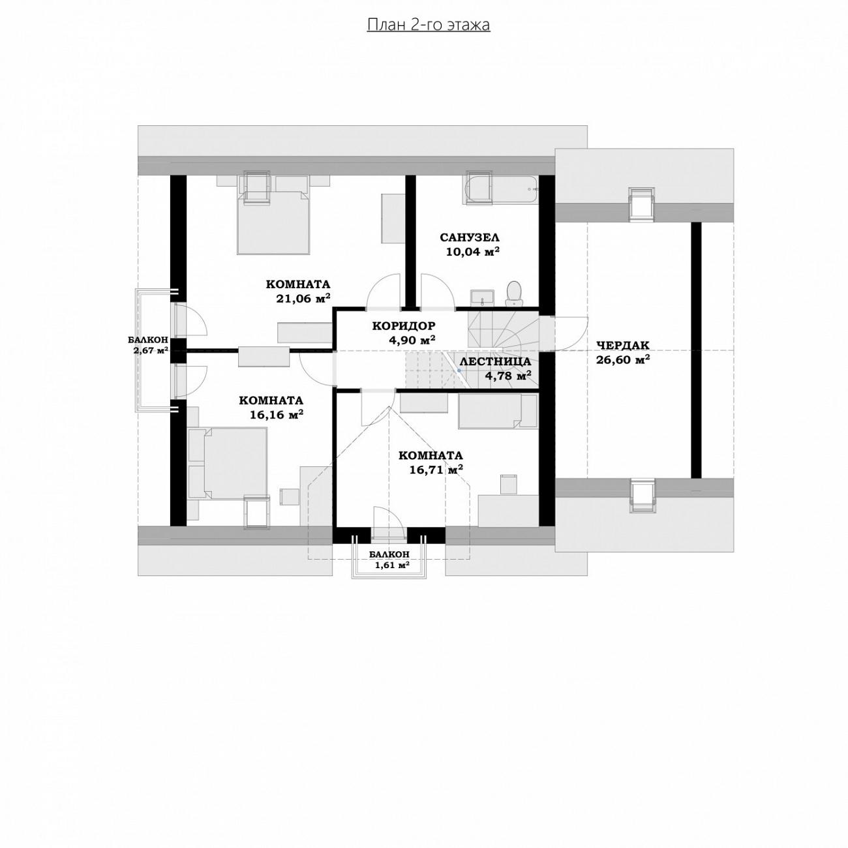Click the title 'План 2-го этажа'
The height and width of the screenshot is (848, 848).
[x=428, y=25]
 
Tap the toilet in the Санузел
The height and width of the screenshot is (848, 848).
[x=513, y=293]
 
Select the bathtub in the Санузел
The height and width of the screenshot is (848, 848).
[x=500, y=190]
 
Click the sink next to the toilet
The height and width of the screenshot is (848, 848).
[x=483, y=297]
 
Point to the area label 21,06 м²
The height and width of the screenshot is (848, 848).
[x=303, y=299]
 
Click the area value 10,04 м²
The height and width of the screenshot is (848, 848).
[x=473, y=252]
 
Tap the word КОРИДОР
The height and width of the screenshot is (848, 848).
[x=404, y=326]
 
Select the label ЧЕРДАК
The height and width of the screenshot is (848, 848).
[x=623, y=346]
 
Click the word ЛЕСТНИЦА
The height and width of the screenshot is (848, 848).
[x=495, y=362]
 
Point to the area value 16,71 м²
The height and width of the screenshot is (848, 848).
[x=436, y=470]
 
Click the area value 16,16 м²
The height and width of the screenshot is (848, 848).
[x=277, y=415]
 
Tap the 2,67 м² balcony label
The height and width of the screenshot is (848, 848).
[x=151, y=351]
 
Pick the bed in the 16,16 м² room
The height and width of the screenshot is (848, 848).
[x=228, y=463]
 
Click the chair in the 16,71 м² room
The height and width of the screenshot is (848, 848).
[x=509, y=484]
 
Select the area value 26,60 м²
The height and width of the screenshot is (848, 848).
[x=623, y=360]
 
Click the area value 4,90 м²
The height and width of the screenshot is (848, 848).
[x=412, y=340]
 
